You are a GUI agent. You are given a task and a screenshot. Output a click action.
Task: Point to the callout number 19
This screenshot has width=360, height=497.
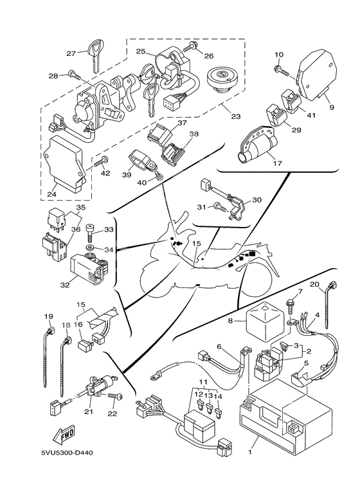[48, 316]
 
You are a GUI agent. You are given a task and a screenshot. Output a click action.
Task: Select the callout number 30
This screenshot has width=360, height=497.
[257, 200]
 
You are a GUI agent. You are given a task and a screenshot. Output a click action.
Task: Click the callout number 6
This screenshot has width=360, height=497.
[219, 347]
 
